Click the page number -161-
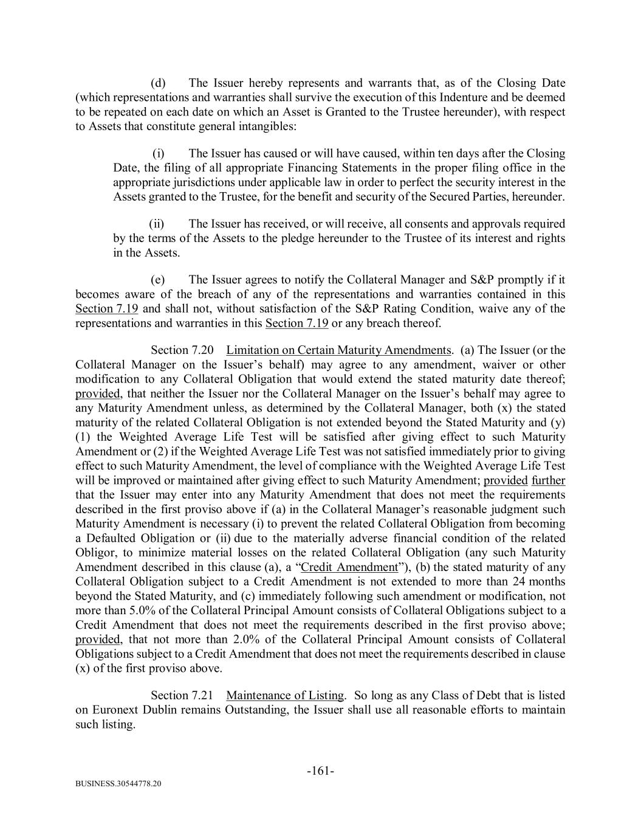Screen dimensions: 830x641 pyautogui.click(x=320, y=771)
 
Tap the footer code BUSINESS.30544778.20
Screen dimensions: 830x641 pyautogui.click(x=118, y=784)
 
